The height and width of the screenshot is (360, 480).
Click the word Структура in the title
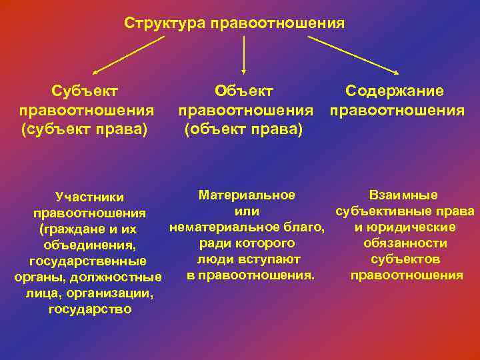pyautogui.click(x=165, y=23)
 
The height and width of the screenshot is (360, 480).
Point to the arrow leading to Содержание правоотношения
pyautogui.click(x=353, y=55)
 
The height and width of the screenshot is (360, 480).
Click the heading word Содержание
pyautogui.click(x=395, y=91)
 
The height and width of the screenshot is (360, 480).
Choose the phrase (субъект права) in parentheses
pyautogui.click(x=85, y=127)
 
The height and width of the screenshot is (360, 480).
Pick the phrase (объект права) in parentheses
pyautogui.click(x=243, y=127)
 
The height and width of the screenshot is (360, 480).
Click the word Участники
pyautogui.click(x=90, y=197)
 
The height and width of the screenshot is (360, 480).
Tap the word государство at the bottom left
pyautogui.click(x=90, y=309)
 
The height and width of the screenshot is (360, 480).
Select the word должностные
pyautogui.click(x=126, y=277)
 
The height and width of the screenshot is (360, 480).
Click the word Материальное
pyautogui.click(x=247, y=195)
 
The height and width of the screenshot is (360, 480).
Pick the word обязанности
pyautogui.click(x=405, y=243)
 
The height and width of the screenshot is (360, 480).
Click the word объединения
pyautogui.click(x=89, y=245)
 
